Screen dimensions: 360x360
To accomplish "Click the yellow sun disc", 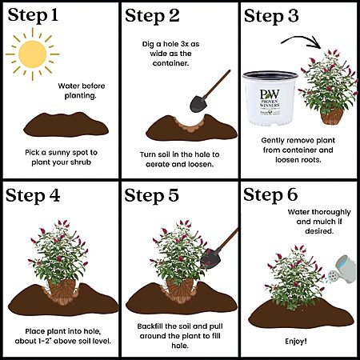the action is (x=33, y=54).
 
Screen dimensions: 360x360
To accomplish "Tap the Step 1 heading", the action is (x=33, y=15).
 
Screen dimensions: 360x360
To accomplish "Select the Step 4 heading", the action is (x=33, y=195).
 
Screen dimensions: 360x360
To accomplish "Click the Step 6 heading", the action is (x=270, y=194).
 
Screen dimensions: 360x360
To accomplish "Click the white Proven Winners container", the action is (x=270, y=98).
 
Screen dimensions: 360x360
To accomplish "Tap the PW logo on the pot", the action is (x=270, y=94).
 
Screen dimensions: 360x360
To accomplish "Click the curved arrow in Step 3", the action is (x=302, y=41).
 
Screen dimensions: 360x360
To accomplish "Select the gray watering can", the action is (x=342, y=270).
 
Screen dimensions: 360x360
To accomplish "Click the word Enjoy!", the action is (x=296, y=342).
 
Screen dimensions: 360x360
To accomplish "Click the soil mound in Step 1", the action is (x=66, y=125).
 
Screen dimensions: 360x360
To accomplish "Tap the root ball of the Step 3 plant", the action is (x=331, y=116).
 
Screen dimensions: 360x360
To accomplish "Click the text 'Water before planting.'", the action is (x=81, y=90).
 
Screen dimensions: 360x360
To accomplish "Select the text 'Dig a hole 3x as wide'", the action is (x=170, y=49).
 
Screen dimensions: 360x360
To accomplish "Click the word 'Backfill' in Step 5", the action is (x=150, y=326).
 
